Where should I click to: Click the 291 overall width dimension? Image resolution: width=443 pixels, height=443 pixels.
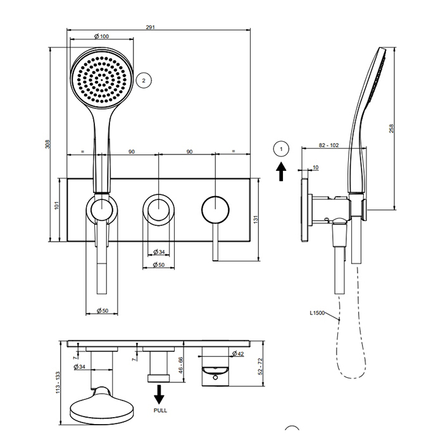(151, 27)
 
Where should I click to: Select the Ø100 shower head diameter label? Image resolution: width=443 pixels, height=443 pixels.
(101, 37)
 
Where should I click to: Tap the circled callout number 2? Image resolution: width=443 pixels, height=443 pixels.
(144, 80)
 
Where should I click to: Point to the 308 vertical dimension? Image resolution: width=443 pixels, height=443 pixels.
(48, 144)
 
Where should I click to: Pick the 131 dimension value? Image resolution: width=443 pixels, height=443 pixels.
(256, 219)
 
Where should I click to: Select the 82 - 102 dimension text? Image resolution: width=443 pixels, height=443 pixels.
(330, 146)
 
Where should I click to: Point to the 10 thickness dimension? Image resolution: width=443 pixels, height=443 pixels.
(316, 168)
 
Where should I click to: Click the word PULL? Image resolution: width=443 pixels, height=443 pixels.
(161, 411)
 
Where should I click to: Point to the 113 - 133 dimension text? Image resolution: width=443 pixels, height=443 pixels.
(58, 383)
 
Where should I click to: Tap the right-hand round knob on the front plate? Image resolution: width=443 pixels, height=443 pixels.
(215, 208)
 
